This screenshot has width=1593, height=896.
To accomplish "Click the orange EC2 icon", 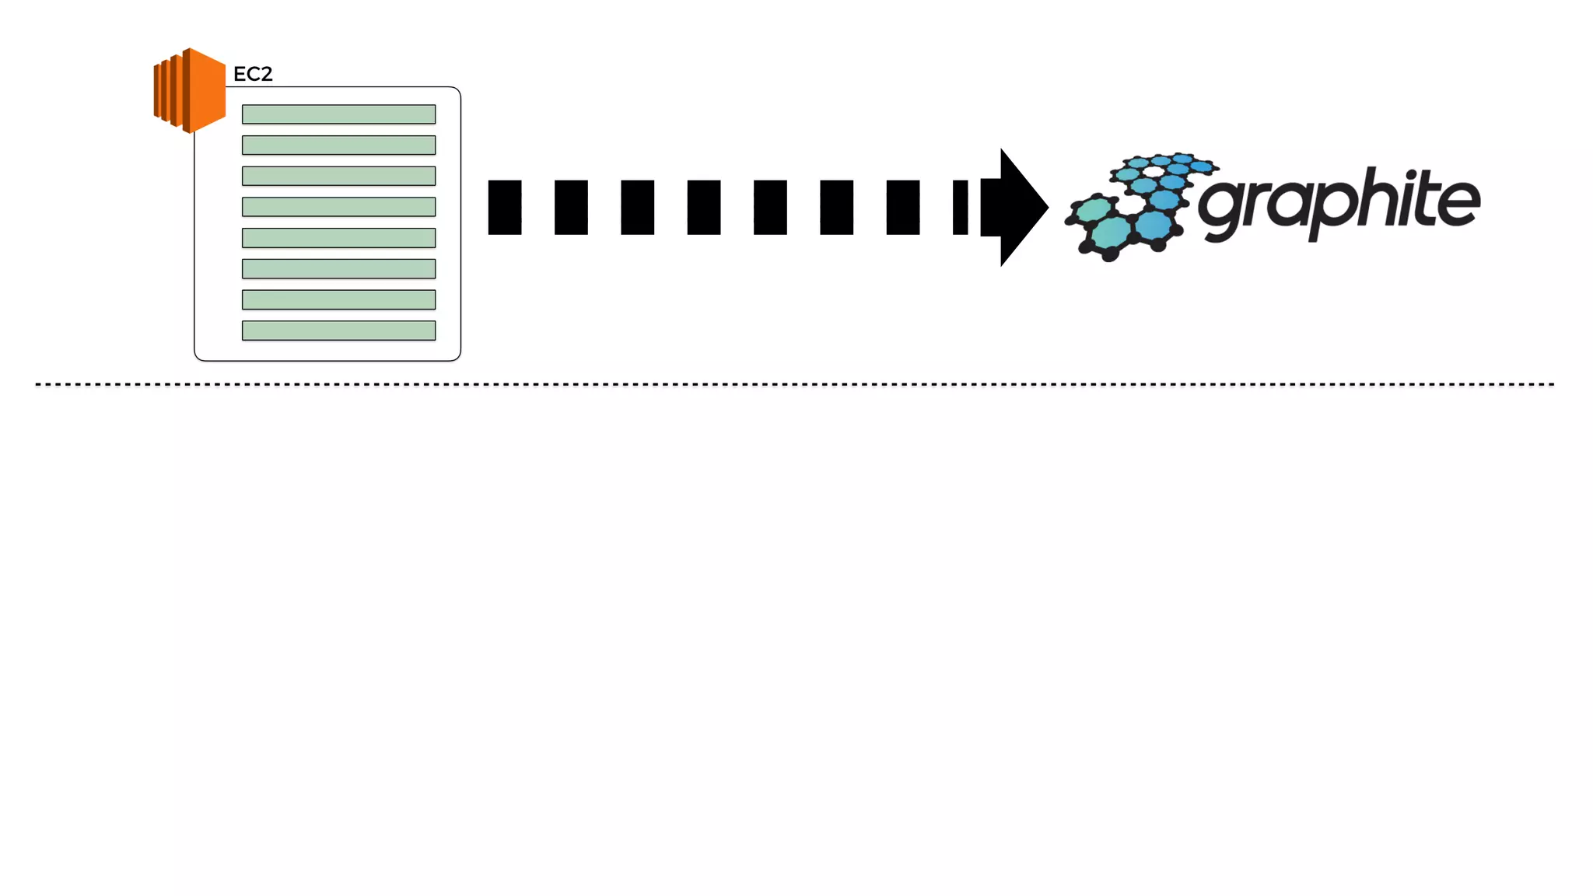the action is [x=190, y=90].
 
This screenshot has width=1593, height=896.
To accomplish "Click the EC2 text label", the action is [x=253, y=74].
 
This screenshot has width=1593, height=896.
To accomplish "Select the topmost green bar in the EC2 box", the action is [x=338, y=114].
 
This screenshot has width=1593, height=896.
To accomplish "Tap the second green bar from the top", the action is [x=338, y=145].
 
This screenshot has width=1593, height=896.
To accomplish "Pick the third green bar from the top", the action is [x=338, y=176].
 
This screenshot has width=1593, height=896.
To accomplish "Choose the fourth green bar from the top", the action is [x=338, y=207].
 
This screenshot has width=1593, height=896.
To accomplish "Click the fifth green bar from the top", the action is [x=338, y=238].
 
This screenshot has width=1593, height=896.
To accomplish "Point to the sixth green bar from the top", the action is [x=338, y=269].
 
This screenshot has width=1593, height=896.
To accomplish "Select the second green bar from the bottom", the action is [x=338, y=299].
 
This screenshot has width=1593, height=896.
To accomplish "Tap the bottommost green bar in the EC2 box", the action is [x=338, y=331].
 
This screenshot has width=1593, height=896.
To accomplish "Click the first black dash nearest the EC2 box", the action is [x=505, y=207].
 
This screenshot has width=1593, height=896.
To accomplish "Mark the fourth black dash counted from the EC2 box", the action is [x=704, y=207].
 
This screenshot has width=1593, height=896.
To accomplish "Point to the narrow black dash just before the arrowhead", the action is [x=961, y=207].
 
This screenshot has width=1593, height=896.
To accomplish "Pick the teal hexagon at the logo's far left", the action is [x=1093, y=210].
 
